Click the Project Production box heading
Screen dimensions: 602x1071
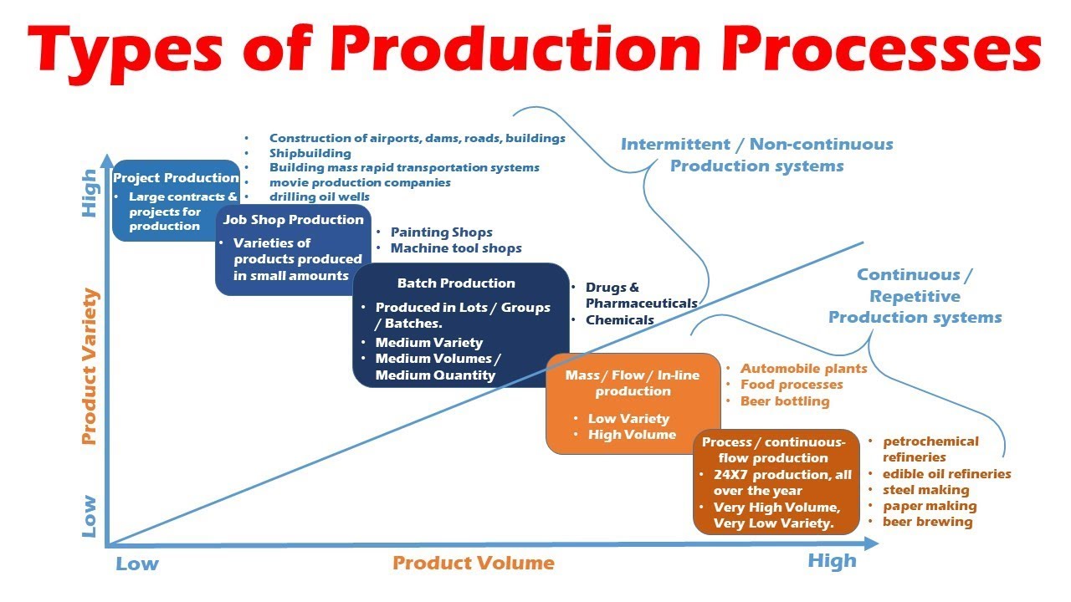pos(176,177)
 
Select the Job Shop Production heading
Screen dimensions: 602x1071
pos(293,219)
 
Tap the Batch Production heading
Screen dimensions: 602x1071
pos(456,283)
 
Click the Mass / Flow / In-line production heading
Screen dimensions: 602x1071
pos(632,383)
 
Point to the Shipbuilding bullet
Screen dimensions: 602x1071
pos(310,153)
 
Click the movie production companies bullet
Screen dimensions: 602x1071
pos(360,182)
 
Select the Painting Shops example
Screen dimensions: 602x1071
pos(441,232)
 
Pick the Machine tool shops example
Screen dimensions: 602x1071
pos(456,248)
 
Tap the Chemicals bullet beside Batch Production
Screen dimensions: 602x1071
pos(619,319)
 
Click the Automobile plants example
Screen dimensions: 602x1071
pos(803,368)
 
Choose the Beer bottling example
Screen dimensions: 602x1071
pos(785,401)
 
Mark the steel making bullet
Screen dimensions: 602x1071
pos(925,490)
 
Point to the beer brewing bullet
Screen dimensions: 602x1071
pos(927,522)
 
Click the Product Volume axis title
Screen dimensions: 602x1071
pos(474,563)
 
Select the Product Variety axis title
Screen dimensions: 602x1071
pos(90,366)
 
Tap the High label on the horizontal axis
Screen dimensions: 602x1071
pos(832,561)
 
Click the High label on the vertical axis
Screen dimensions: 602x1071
pos(90,194)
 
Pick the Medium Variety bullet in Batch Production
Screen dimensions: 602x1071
pos(428,342)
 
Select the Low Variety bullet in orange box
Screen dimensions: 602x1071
pos(628,419)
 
